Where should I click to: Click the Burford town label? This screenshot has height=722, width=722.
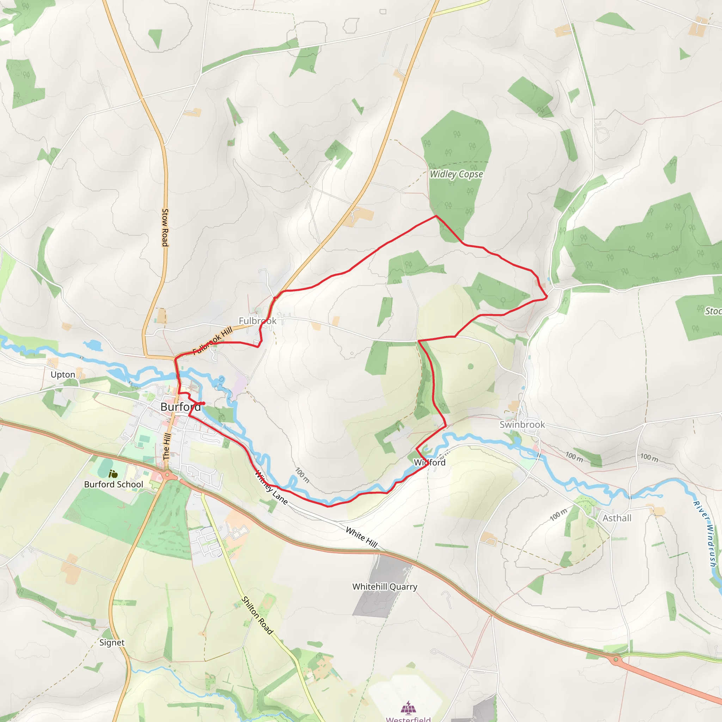180,406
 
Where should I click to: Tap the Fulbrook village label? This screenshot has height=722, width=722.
257,321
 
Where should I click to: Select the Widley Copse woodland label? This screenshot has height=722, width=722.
456,174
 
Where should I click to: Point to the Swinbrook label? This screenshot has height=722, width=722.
522,424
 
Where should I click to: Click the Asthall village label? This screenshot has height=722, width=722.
617,518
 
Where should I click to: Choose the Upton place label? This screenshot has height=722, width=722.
63,374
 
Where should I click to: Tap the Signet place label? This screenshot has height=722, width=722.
112,642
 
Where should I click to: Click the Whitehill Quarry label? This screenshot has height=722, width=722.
385,586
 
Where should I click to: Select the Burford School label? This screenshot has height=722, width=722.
114,484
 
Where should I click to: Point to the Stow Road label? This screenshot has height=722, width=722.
165,228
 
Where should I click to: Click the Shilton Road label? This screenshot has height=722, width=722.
257,615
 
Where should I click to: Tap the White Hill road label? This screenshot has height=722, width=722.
361,537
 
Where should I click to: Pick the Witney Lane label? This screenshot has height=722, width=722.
271,488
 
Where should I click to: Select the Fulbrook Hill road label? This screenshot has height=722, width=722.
212,340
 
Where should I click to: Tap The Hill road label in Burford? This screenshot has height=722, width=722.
167,446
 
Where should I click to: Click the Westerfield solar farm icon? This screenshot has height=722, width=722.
408,707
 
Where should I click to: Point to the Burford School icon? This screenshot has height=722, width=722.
113,474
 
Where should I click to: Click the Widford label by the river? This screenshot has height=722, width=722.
430,462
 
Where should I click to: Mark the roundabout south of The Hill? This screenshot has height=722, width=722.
167,476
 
